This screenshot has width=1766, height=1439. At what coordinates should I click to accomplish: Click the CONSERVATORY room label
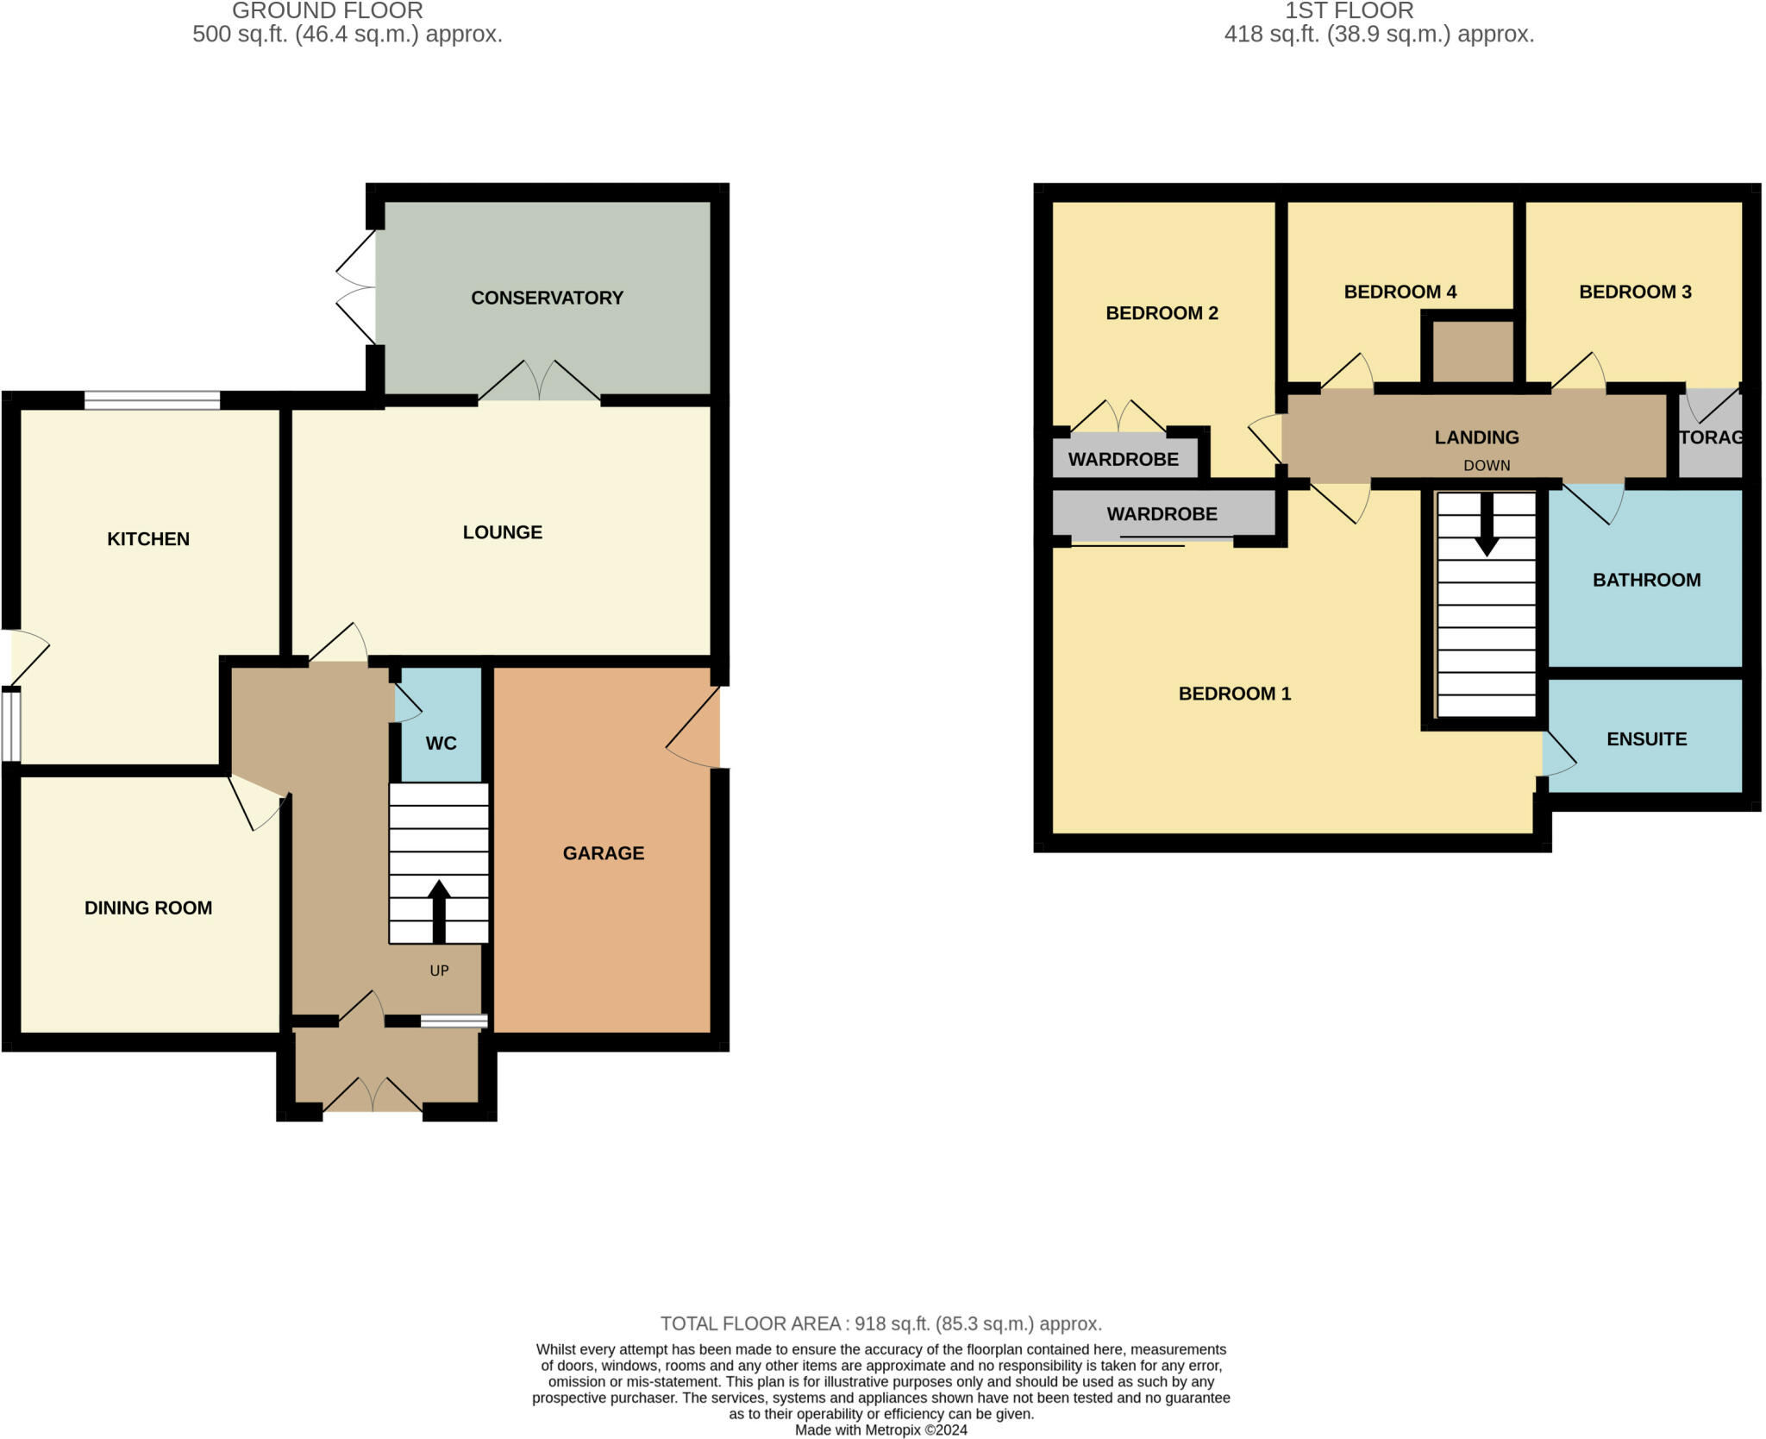point(547,298)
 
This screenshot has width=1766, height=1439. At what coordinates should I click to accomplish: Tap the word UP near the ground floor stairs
point(439,971)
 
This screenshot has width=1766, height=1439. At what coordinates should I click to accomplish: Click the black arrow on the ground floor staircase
point(439,911)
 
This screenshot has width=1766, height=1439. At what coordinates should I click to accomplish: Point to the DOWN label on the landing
point(1487,466)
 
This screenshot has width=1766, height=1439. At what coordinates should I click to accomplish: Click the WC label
point(441,744)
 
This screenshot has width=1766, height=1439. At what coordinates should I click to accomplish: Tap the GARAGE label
point(603,853)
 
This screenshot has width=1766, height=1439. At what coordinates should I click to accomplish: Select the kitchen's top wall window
point(152,400)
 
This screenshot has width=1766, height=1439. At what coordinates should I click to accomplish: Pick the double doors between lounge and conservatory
point(540,382)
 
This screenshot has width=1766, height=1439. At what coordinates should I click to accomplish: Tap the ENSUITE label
point(1646,739)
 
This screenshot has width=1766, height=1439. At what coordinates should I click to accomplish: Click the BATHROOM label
point(1646,580)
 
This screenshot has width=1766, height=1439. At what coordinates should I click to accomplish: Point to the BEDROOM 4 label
point(1400,292)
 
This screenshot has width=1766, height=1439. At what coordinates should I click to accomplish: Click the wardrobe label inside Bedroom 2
point(1123,460)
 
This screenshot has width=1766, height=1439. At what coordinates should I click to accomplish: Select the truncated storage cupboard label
point(1712,437)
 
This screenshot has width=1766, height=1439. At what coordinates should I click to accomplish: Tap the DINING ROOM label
point(148,908)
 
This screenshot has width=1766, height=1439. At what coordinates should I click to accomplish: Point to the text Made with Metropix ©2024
point(880,1430)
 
